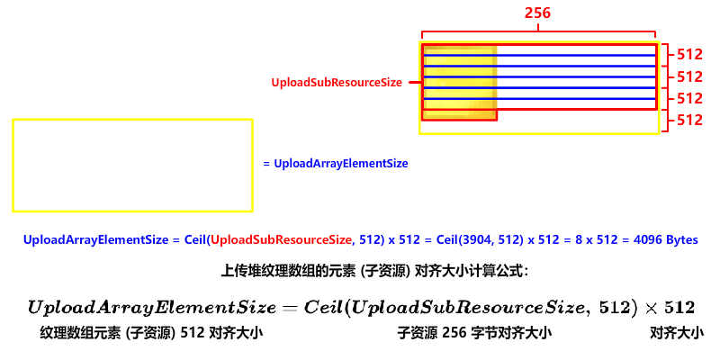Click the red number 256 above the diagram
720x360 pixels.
click(538, 13)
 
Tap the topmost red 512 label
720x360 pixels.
click(689, 55)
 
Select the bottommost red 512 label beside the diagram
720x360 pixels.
click(689, 120)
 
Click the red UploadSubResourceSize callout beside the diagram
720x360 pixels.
click(337, 82)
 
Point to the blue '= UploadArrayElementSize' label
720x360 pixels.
click(337, 164)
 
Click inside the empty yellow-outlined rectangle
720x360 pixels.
click(132, 166)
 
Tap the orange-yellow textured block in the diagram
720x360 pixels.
click(460, 83)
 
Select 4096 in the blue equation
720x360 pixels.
click(648, 240)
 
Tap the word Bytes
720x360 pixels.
click(682, 240)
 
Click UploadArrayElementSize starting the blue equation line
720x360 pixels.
click(95, 240)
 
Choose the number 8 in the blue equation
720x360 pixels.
click(579, 240)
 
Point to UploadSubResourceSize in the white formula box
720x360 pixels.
click(467, 308)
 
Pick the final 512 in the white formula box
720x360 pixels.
click(678, 308)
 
